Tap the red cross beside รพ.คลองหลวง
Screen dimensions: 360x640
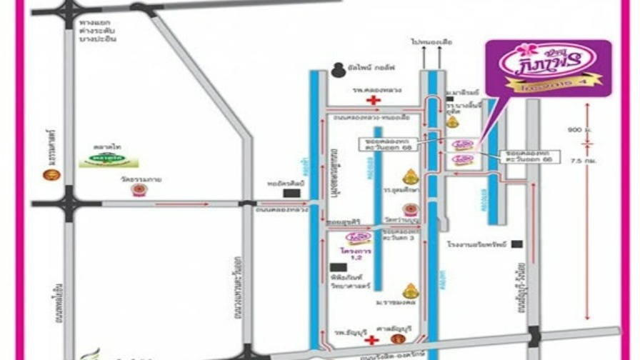point(373,101)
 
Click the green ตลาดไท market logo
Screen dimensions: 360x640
point(109,159)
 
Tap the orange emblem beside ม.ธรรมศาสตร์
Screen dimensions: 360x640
point(51,174)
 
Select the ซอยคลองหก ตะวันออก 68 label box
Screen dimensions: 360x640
point(386,144)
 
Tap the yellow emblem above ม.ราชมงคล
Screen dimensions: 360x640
point(410,291)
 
